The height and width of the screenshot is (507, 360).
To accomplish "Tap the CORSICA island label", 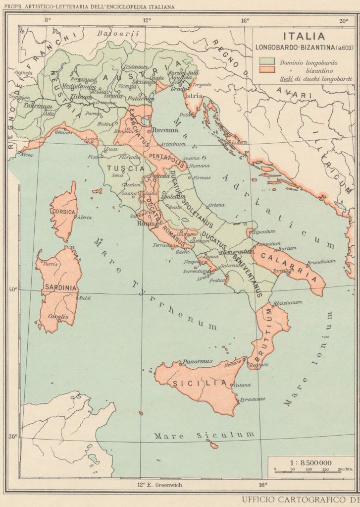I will (x=63, y=212).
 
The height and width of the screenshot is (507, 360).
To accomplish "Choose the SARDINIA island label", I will (x=60, y=287).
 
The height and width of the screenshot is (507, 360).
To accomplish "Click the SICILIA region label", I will (x=195, y=383).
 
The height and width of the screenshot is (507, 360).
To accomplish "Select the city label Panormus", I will (x=197, y=361).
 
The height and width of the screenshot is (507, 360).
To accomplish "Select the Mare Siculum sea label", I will (x=204, y=436).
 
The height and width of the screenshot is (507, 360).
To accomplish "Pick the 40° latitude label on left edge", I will (x=12, y=290).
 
